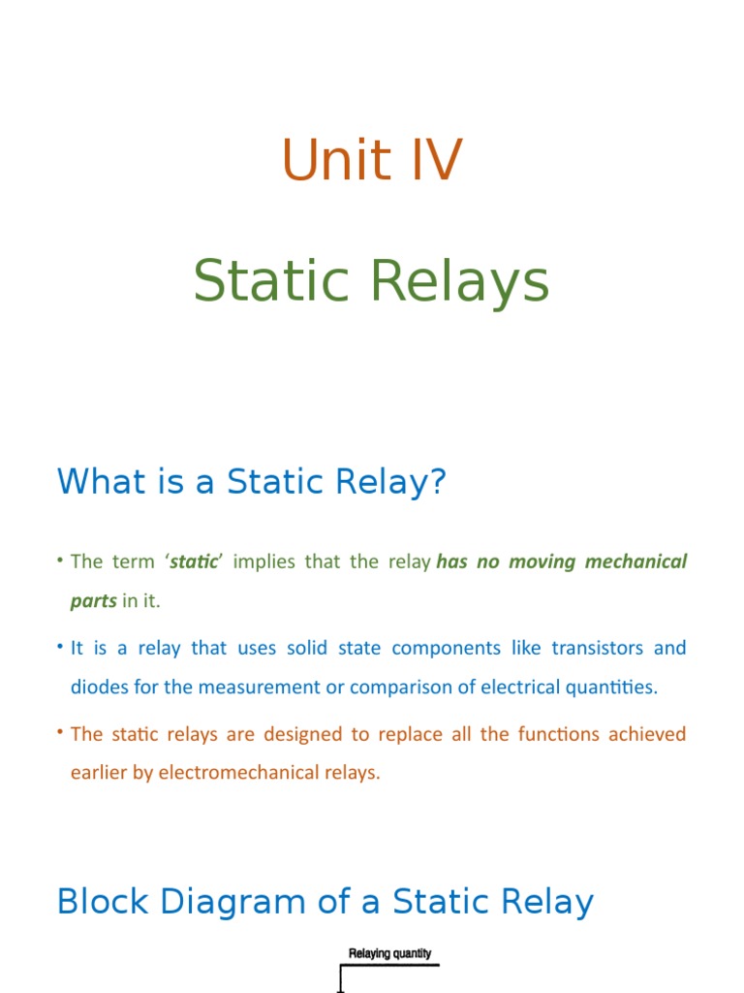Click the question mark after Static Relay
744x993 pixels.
tap(438, 482)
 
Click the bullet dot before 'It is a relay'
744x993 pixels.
tap(60, 647)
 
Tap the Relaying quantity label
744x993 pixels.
tap(389, 953)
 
